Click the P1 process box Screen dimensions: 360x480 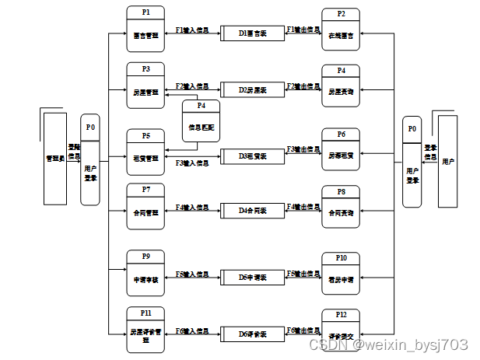146,29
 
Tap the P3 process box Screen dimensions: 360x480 146,86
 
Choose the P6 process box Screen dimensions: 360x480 341,149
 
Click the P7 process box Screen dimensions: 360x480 146,205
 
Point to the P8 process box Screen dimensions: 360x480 341,207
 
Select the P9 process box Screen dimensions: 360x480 146,272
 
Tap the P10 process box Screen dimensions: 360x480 341,273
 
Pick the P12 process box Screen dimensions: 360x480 341,330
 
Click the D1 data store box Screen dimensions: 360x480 252,33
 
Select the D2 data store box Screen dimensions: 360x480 252,89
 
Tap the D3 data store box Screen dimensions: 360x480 252,156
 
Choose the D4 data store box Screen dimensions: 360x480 252,210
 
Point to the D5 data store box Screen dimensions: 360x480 252,276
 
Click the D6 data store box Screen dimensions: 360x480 252,334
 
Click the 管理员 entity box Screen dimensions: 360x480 54,159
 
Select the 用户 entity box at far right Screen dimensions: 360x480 448,162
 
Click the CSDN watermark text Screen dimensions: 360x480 388,344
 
